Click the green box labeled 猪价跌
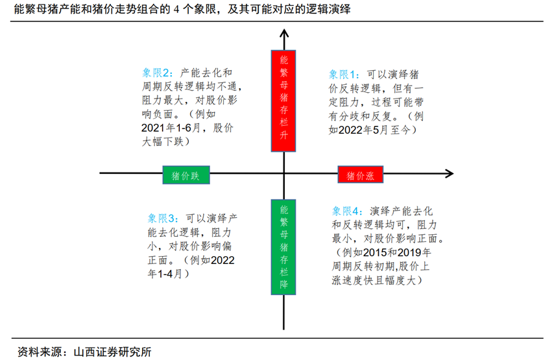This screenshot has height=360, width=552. coord(186,175)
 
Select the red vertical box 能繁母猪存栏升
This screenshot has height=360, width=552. coord(284,101)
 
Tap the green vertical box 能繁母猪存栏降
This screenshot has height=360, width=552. coord(284,247)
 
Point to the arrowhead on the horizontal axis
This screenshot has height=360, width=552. coord(448,173)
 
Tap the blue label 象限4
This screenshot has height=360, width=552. coord(349,211)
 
